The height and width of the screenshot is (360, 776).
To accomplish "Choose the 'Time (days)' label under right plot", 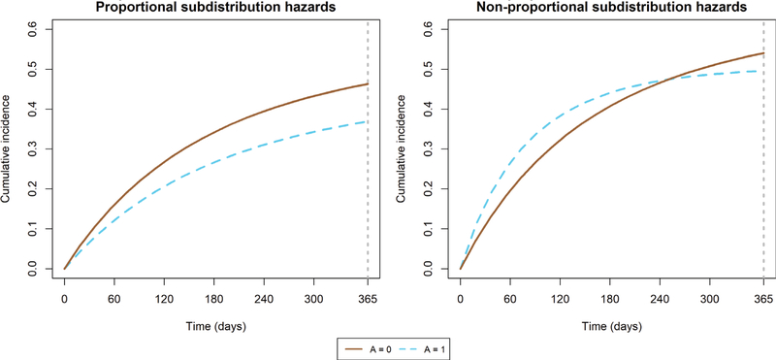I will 612,323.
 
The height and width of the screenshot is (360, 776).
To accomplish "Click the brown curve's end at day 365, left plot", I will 367,84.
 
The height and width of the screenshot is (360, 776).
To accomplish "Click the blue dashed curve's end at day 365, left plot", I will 367,121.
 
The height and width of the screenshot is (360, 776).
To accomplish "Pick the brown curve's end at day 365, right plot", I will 763,53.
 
